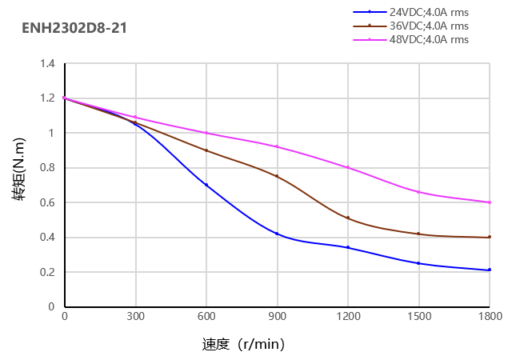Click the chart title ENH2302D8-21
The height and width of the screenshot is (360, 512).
coord(74,29)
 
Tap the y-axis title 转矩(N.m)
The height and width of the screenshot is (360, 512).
coord(19,185)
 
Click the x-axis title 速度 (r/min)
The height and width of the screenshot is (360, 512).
coord(243,345)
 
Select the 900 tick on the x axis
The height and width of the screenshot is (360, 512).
coord(277,317)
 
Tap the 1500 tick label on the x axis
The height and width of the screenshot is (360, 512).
coord(418,317)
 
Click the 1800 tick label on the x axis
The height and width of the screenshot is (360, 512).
coord(489,317)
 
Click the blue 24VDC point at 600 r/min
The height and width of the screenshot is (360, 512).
coord(206,185)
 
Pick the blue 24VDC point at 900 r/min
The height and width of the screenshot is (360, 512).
coord(277,234)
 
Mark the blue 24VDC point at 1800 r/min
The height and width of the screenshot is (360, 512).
coord(489,270)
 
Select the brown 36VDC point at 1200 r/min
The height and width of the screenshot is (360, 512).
coord(348,218)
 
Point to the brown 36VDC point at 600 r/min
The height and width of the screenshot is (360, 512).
coord(206,150)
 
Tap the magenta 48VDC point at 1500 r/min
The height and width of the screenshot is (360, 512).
coord(418,192)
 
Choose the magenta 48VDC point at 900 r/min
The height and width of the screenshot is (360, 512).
coord(277,146)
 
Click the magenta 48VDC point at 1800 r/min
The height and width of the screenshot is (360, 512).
coord(489,202)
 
